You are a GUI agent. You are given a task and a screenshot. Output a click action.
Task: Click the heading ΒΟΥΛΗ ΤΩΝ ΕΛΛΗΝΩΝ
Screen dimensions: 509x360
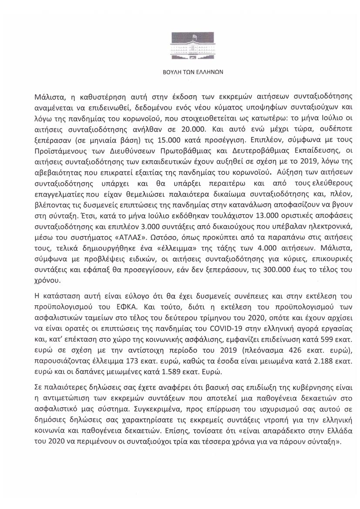click(x=180, y=73)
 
